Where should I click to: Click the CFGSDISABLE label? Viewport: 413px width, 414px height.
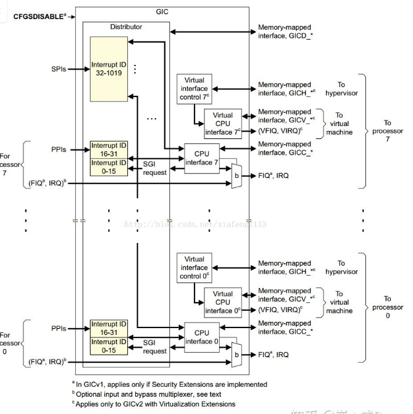click(38, 16)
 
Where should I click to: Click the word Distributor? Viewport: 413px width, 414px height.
click(125, 27)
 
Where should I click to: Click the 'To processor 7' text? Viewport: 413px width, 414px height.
click(387, 131)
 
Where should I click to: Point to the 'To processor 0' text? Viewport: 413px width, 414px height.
click(387, 307)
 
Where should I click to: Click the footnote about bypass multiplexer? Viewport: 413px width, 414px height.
click(169, 394)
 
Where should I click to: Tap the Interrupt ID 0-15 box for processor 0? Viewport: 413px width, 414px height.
click(108, 345)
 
